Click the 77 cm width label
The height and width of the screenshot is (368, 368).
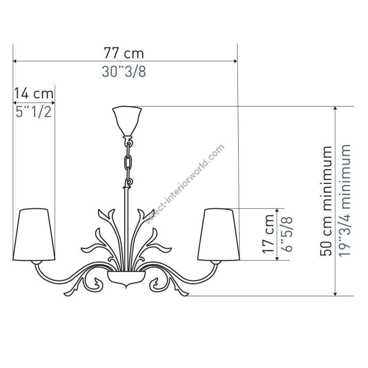click(x=123, y=53)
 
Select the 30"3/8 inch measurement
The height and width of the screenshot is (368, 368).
click(x=123, y=71)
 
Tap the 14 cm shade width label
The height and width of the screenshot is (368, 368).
click(x=34, y=93)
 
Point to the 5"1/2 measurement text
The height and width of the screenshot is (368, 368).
click(x=34, y=112)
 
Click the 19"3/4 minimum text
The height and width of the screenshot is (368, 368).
click(x=345, y=200)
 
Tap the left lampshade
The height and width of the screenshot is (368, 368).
click(x=34, y=234)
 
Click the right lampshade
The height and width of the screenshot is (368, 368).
click(x=219, y=234)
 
